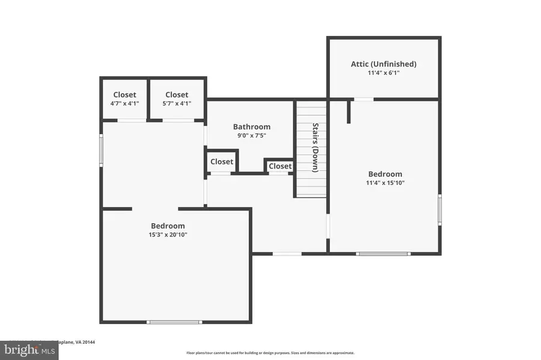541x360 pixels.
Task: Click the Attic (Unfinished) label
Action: pyautogui.click(x=384, y=64)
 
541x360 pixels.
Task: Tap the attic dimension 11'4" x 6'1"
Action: pyautogui.click(x=384, y=73)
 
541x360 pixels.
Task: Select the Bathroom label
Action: pyautogui.click(x=252, y=127)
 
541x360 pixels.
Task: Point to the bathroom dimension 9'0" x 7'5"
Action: pyautogui.click(x=252, y=136)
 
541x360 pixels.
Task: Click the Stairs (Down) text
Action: pyautogui.click(x=316, y=148)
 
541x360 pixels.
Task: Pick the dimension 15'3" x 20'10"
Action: pyautogui.click(x=169, y=235)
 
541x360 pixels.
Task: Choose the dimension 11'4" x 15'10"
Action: pyautogui.click(x=386, y=183)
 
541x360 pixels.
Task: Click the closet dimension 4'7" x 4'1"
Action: pyautogui.click(x=124, y=103)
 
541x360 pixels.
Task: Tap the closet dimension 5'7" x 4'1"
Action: pyautogui.click(x=177, y=103)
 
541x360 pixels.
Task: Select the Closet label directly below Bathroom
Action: pyautogui.click(x=222, y=162)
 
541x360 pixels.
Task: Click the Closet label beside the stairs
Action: pyautogui.click(x=280, y=166)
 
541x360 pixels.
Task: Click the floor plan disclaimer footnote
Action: pyautogui.click(x=270, y=353)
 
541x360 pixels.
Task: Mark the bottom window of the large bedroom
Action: pyautogui.click(x=174, y=322)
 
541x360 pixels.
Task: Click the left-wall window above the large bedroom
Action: pyautogui.click(x=101, y=150)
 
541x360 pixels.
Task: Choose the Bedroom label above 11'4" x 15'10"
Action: pyautogui.click(x=385, y=174)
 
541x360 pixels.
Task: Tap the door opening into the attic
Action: pyautogui.click(x=363, y=99)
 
